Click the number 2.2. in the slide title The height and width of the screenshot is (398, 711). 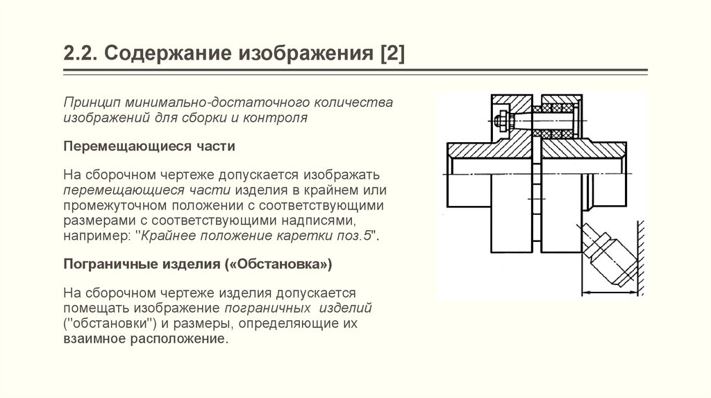80,54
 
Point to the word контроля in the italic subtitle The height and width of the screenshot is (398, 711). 281,118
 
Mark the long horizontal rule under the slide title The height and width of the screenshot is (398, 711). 355,71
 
